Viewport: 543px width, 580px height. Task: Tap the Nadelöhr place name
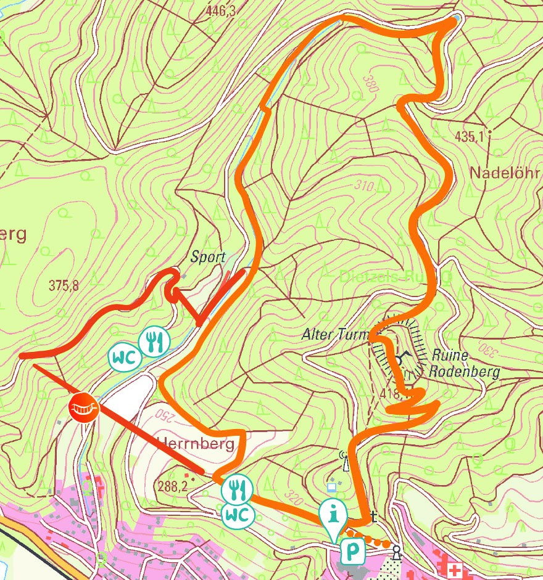[x=500, y=172]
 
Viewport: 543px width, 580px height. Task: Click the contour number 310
[x=366, y=185]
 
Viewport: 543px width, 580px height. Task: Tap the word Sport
[x=208, y=257]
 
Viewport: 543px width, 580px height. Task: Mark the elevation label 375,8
[x=64, y=285]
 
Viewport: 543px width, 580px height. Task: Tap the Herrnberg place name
[x=196, y=444]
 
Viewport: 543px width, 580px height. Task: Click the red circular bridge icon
[x=85, y=407]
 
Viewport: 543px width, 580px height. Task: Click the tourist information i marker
[x=334, y=513]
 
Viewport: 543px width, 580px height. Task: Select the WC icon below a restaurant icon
[x=237, y=513]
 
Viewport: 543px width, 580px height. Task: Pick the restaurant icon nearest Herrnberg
[x=237, y=489]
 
